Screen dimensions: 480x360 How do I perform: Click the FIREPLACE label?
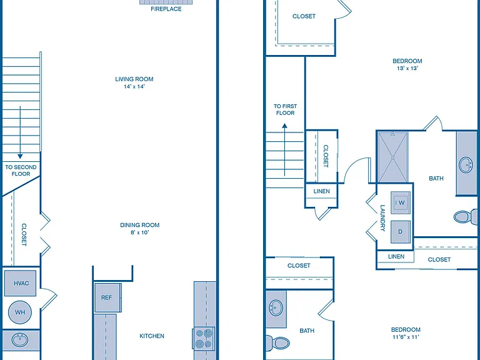pyautogui.click(x=166, y=9)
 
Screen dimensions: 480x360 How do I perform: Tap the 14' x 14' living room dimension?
pyautogui.click(x=134, y=86)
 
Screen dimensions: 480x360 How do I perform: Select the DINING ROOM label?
pyautogui.click(x=139, y=225)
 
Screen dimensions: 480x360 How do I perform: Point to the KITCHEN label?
pyautogui.click(x=152, y=336)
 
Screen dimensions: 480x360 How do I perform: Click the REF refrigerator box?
pyautogui.click(x=107, y=297)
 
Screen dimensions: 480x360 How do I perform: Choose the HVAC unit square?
pyautogui.click(x=21, y=283)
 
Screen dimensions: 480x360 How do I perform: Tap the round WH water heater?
pyautogui.click(x=20, y=312)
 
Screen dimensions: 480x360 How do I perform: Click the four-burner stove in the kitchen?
pyautogui.click(x=204, y=338)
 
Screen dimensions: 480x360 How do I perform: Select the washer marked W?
pyautogui.click(x=401, y=202)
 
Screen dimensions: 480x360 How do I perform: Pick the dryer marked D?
pyautogui.click(x=401, y=232)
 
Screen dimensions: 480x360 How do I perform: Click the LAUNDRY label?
pyautogui.click(x=382, y=217)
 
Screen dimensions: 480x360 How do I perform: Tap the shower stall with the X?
pyautogui.click(x=393, y=157)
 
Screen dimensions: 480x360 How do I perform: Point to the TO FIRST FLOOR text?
pyautogui.click(x=285, y=109)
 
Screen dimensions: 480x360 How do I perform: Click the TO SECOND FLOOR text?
pyautogui.click(x=21, y=170)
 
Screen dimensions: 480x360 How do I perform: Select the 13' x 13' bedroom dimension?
pyautogui.click(x=407, y=68)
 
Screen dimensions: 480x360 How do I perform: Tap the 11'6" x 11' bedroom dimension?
pyautogui.click(x=406, y=337)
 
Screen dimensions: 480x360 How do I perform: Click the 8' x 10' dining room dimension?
pyautogui.click(x=139, y=232)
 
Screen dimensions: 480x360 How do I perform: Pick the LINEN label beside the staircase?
pyautogui.click(x=321, y=191)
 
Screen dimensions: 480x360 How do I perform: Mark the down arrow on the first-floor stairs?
pyautogui.click(x=20, y=132)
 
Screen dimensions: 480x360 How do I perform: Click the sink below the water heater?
pyautogui.click(x=20, y=340)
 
